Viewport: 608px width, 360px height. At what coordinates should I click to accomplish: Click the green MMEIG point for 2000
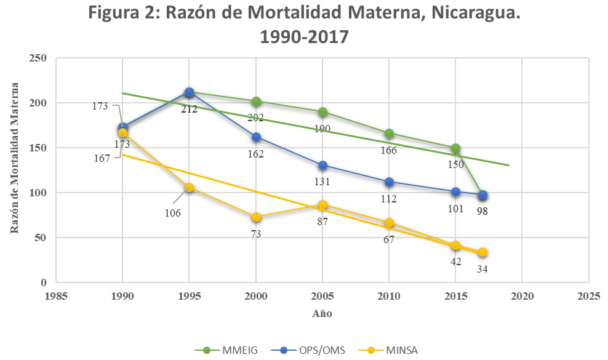(256, 102)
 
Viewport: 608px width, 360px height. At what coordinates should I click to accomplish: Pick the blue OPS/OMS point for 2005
(322, 165)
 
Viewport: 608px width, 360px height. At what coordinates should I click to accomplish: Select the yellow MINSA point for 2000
(256, 217)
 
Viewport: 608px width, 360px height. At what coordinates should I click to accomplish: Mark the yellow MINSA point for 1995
(190, 188)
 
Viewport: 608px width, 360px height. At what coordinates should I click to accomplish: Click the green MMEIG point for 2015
(455, 148)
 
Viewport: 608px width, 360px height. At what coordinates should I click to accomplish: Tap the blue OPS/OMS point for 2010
(389, 182)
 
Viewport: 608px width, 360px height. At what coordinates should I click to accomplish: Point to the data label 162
(256, 154)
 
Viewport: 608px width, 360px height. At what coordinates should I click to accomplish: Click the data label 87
(322, 222)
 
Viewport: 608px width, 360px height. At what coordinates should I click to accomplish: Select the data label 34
(482, 269)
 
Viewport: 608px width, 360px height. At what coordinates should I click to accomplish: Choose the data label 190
(322, 129)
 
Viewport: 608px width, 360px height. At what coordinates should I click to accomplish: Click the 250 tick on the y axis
(39, 58)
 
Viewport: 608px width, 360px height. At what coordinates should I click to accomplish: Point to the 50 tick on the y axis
(41, 238)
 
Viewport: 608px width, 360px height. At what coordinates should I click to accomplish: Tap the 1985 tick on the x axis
(57, 297)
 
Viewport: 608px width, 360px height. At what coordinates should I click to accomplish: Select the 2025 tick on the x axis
(588, 297)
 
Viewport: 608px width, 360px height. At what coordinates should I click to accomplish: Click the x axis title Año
(322, 313)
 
